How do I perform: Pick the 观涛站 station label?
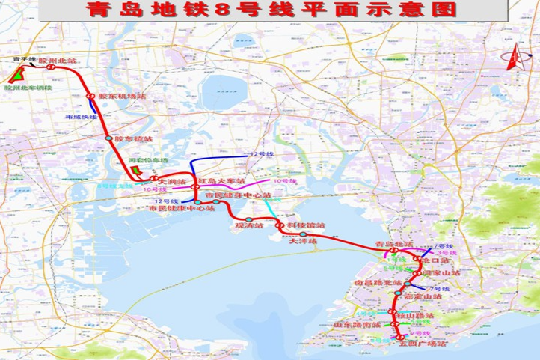click(x=249, y=226)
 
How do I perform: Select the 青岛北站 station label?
click(x=390, y=245)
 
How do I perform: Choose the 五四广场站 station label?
click(x=423, y=345)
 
